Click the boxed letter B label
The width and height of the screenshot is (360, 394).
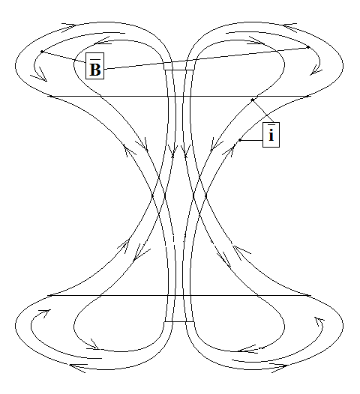pyautogui.click(x=94, y=66)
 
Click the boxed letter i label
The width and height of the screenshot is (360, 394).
pyautogui.click(x=271, y=135)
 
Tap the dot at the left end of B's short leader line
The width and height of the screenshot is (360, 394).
pyautogui.click(x=42, y=52)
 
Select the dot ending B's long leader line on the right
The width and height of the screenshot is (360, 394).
pyautogui.click(x=308, y=47)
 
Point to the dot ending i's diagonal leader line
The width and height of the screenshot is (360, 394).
pyautogui.click(x=252, y=100)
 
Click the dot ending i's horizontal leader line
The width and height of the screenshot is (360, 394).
pyautogui.click(x=240, y=140)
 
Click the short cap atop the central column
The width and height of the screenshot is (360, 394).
pyautogui.click(x=179, y=70)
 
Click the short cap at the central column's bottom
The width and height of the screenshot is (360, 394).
pyautogui.click(x=179, y=321)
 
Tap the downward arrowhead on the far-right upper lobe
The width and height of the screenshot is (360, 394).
pyautogui.click(x=316, y=70)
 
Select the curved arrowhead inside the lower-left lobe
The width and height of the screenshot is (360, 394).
pyautogui.click(x=45, y=313)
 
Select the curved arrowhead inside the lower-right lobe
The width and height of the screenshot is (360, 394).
pyautogui.click(x=319, y=321)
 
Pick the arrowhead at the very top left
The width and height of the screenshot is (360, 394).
pyautogui.click(x=68, y=26)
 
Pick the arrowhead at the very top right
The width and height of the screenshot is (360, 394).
pyautogui.click(x=290, y=27)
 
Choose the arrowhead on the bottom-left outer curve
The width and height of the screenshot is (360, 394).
pyautogui.click(x=78, y=367)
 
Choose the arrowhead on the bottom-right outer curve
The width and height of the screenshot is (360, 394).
pyautogui.click(x=279, y=367)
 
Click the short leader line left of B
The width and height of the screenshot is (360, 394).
pyautogui.click(x=64, y=57)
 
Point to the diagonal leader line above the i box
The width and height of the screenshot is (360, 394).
pyautogui.click(x=262, y=112)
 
